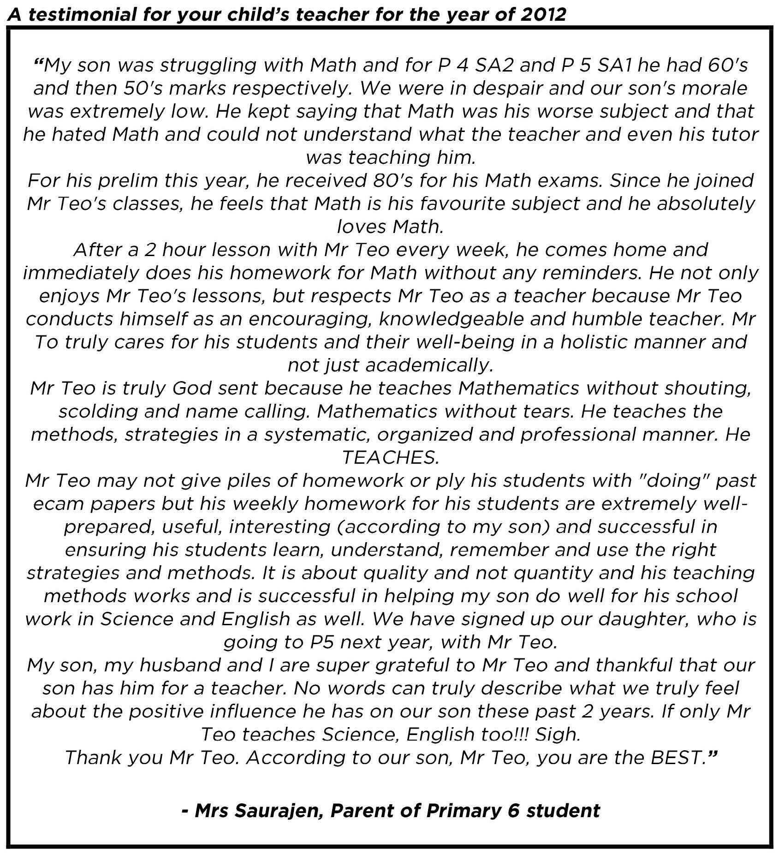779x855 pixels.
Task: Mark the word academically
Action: [428, 365]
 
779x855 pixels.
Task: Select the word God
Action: [192, 388]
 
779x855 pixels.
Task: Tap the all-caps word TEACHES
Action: [390, 457]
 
